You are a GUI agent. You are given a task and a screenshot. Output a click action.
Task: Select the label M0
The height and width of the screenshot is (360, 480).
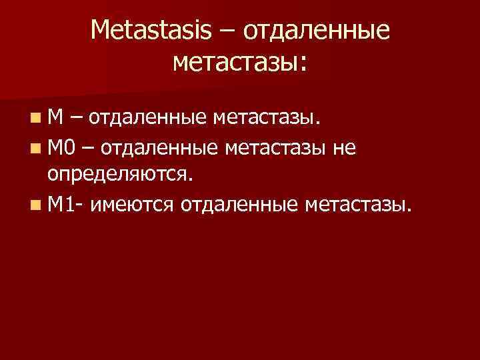tap(62, 147)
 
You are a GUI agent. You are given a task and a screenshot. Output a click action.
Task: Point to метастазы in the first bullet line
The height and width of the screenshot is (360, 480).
tap(264, 118)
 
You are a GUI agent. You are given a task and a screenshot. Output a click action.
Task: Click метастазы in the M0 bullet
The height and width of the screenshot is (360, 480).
tap(279, 147)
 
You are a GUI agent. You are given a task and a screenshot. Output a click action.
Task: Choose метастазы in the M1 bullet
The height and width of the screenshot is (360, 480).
tap(360, 203)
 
